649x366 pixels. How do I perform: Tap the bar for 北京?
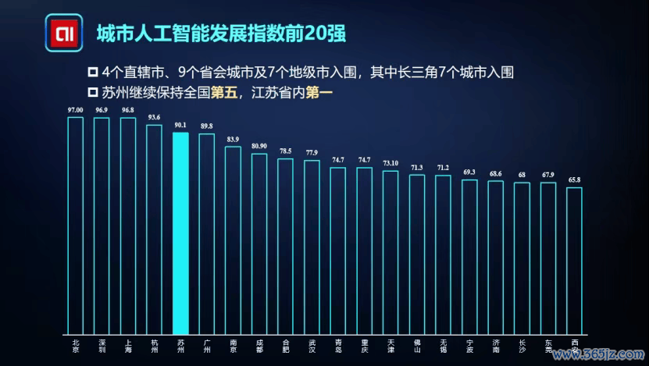[75, 226]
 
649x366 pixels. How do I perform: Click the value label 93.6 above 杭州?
[154, 118]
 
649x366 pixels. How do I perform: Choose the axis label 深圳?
[102, 346]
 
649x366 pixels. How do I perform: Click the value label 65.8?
[574, 180]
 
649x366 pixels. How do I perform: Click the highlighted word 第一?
[321, 92]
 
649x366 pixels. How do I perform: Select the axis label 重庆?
[365, 346]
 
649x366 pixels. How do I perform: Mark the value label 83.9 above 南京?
[233, 140]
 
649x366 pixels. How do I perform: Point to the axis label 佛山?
[417, 346]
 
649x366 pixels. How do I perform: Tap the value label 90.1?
[180, 125]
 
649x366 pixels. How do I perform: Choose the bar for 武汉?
[312, 247]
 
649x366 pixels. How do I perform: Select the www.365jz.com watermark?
[599, 356]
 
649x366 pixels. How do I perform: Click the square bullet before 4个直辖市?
[93, 73]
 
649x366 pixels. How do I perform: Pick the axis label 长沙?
[522, 346]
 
